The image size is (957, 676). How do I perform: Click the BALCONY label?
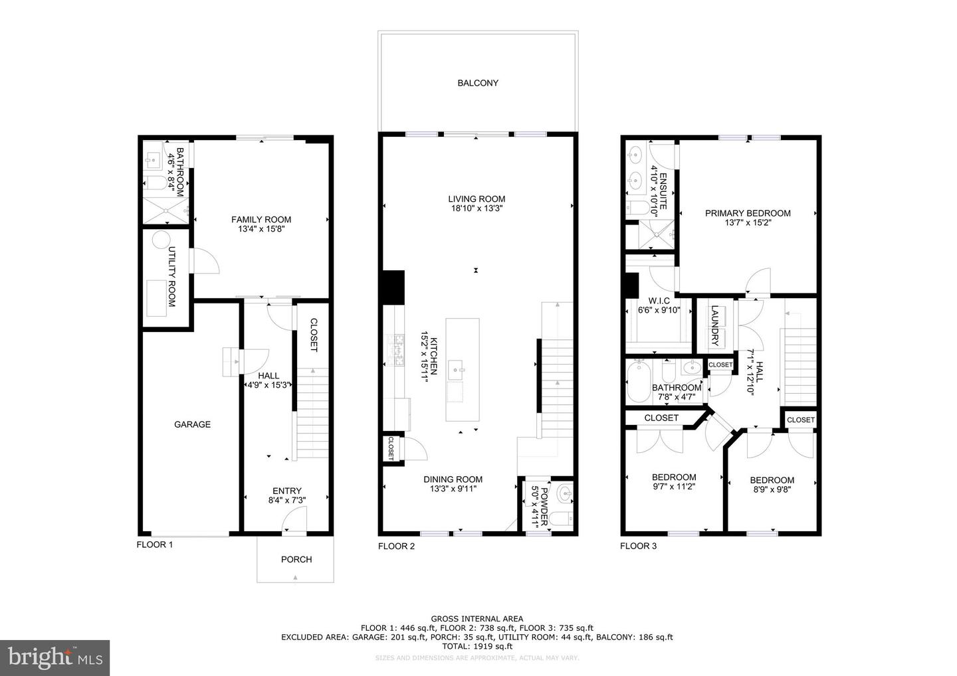pos(477,83)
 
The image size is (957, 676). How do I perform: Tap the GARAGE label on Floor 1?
pos(192,424)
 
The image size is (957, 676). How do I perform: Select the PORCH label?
pos(296,559)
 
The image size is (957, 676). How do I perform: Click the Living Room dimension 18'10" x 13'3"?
pos(476,209)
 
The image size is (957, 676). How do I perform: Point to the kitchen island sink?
pos(457,366)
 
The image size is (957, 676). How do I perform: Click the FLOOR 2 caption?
pos(396,547)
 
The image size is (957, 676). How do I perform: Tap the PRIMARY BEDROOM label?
pos(748,213)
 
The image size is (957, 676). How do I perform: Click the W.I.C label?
pos(659,301)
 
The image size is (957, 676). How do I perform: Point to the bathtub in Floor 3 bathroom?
pos(639,381)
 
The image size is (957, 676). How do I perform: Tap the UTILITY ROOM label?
pos(171,277)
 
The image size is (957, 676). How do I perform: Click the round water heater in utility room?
pos(161,240)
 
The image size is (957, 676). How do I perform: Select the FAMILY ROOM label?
pos(261,220)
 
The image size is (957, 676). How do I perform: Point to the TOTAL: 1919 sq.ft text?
pos(477,646)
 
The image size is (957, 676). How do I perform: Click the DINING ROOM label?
pos(453,479)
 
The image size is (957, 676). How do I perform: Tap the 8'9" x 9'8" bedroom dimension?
pos(772,489)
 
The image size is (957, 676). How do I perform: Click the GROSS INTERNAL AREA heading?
pos(477,618)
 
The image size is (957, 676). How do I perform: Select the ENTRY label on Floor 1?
pos(286,491)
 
